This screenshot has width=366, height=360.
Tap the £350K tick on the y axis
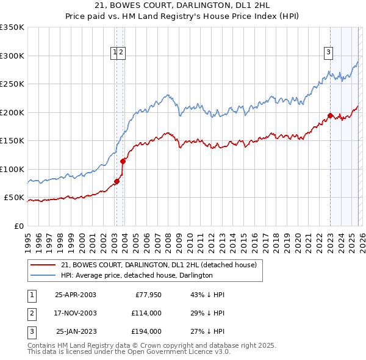tap(12, 27)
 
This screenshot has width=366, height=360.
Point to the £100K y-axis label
tap(12, 170)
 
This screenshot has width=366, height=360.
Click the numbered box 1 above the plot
tap(115, 53)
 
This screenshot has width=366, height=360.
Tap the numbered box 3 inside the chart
tap(328, 53)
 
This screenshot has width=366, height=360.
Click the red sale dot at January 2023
tap(330, 115)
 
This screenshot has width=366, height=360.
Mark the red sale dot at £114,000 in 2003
tap(123, 161)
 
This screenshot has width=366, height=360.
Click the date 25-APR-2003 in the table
tap(76, 295)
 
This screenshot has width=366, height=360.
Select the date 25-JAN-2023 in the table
tap(76, 332)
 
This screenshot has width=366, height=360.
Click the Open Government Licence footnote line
tap(129, 352)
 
